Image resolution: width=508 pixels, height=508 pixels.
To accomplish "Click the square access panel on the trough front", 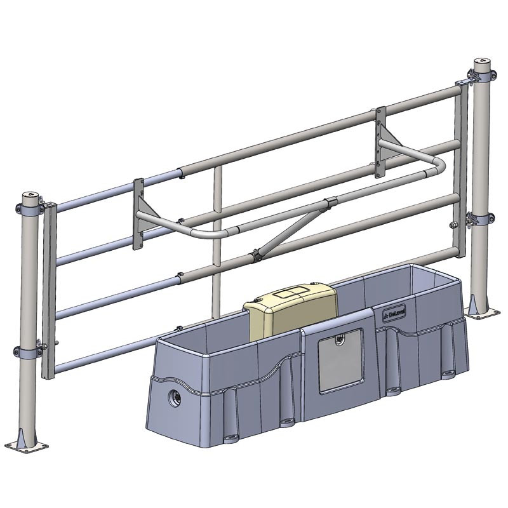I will click(340, 360).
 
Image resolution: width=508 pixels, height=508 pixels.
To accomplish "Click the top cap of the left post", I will click(30, 191).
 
